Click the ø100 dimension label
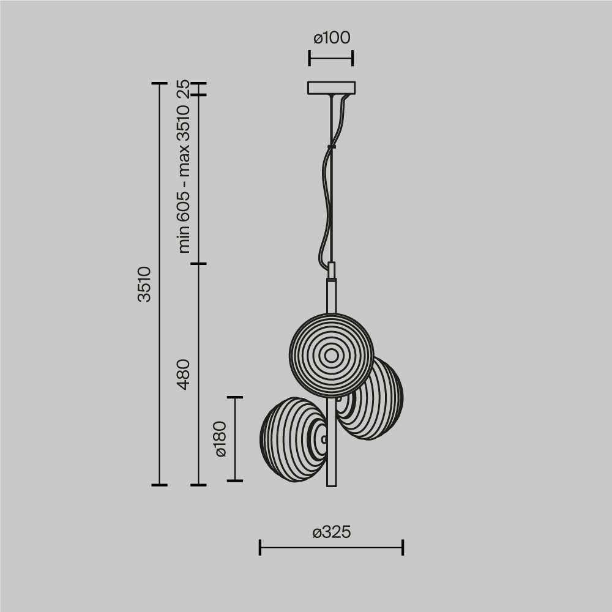tap(331, 38)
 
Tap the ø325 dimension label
tap(331, 532)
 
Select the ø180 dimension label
tap(220, 439)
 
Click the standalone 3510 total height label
tap(144, 284)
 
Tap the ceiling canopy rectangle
tap(331, 88)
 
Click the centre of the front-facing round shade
tap(331, 355)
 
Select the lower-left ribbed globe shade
tap(292, 437)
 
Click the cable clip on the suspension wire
tap(332, 146)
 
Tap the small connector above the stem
tap(332, 270)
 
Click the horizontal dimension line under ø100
tap(331, 59)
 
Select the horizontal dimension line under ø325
tap(331, 547)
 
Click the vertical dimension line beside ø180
tap(235, 439)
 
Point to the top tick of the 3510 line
tap(159, 83)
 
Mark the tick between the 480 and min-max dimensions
tap(198, 264)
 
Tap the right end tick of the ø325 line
tap(403, 547)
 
